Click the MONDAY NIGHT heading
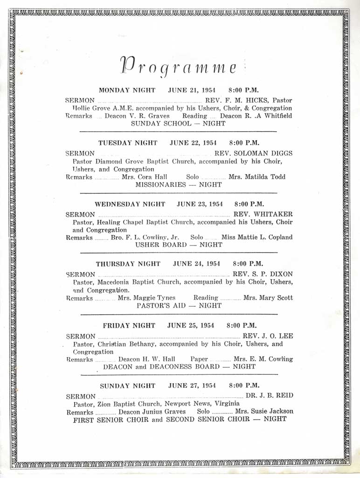tap(127, 91)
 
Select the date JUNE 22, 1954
tap(190, 143)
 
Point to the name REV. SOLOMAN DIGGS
tap(253, 153)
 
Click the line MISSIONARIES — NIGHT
tap(178, 184)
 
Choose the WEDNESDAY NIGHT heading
tap(130, 204)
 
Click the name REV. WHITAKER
tap(263, 214)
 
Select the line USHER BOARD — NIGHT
tap(179, 245)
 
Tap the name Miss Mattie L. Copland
tap(257, 237)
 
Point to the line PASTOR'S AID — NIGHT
tap(179, 305)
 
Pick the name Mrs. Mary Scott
tap(268, 298)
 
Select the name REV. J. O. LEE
tap(268, 336)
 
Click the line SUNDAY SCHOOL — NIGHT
tap(178, 123)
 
